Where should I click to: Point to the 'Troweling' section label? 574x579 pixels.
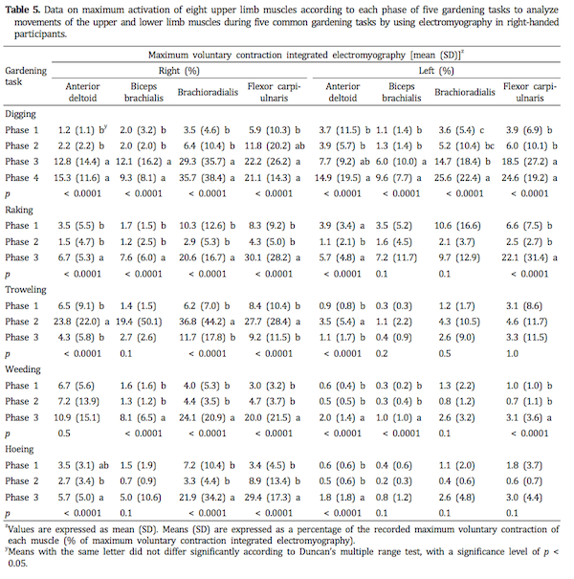point(27,288)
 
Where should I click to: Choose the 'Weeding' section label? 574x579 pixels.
point(25,367)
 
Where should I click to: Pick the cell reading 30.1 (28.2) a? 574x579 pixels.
point(275,257)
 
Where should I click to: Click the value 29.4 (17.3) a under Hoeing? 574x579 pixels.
point(275,495)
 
